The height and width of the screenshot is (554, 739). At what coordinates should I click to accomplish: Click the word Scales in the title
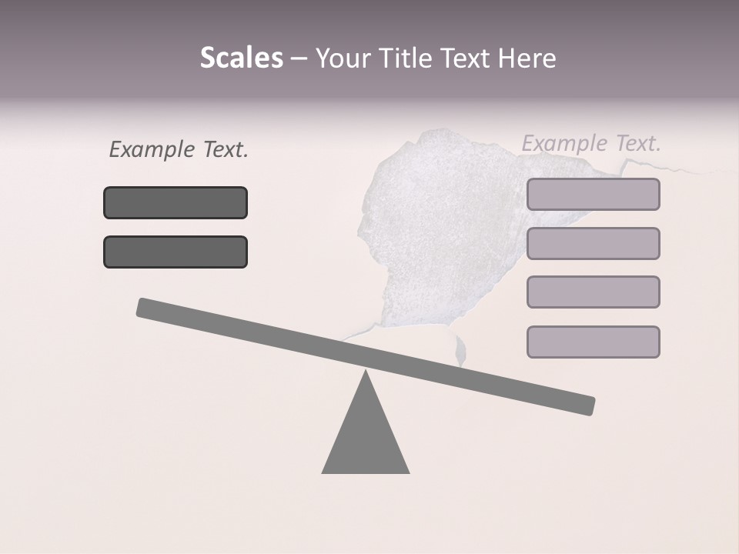(x=241, y=58)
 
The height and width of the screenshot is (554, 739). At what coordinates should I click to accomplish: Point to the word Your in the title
(x=343, y=58)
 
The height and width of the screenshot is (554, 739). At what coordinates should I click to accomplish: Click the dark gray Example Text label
(x=179, y=149)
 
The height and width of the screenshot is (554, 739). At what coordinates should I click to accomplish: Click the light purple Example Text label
(x=591, y=143)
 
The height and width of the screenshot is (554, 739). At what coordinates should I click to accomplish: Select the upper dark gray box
(x=176, y=203)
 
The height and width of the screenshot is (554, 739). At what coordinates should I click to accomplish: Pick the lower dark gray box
(x=176, y=252)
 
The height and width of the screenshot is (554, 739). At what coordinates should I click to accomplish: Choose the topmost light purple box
(x=593, y=195)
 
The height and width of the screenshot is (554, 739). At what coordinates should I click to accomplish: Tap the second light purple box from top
(x=593, y=244)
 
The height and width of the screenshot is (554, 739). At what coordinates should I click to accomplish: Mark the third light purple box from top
(x=593, y=292)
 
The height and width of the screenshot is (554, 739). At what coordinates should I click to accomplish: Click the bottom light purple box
(x=593, y=342)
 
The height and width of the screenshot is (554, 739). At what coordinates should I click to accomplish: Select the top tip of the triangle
(x=366, y=372)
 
